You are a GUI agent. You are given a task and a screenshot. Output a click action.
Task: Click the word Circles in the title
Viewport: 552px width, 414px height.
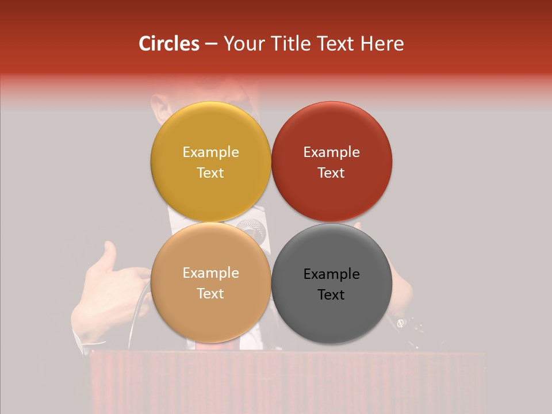point(168,44)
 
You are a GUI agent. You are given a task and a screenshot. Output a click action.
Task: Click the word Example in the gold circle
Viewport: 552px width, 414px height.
point(210,152)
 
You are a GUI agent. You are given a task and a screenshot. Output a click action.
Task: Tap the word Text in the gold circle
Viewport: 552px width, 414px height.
point(210,172)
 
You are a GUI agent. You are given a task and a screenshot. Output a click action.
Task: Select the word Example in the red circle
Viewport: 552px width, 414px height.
point(331,152)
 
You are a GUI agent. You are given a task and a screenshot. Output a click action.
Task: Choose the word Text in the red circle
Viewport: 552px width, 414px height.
point(331,172)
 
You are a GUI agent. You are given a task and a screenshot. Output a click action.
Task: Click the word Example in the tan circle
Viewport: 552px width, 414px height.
point(210,273)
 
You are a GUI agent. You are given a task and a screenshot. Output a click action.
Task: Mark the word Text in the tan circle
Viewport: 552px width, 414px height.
point(210,293)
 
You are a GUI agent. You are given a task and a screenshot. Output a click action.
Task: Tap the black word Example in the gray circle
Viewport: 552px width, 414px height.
point(331,274)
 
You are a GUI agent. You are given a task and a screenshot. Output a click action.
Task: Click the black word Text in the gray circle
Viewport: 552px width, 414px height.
point(331,294)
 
